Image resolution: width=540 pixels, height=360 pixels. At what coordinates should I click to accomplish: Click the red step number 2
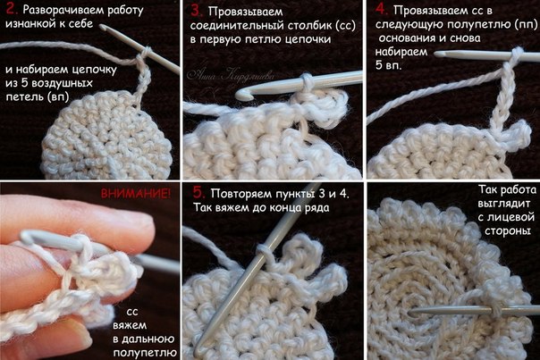[12, 9]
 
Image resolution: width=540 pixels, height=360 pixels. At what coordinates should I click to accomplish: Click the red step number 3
[197, 11]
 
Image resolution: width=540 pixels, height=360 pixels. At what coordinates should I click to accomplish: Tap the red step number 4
[382, 10]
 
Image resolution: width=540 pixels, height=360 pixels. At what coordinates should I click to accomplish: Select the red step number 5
[198, 192]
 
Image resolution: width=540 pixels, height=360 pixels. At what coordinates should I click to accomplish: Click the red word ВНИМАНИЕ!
[136, 194]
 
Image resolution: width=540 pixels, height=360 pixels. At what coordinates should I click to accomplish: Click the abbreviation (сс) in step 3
[345, 26]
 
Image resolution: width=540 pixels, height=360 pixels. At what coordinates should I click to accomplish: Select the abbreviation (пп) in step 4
[527, 24]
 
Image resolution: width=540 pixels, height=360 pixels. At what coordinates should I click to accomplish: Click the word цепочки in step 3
[308, 39]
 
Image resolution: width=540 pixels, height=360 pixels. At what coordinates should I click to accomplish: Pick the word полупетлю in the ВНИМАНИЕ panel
[145, 353]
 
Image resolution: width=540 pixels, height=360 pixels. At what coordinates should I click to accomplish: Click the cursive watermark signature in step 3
[231, 75]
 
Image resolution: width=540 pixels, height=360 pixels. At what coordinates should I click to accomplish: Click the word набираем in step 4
[401, 52]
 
